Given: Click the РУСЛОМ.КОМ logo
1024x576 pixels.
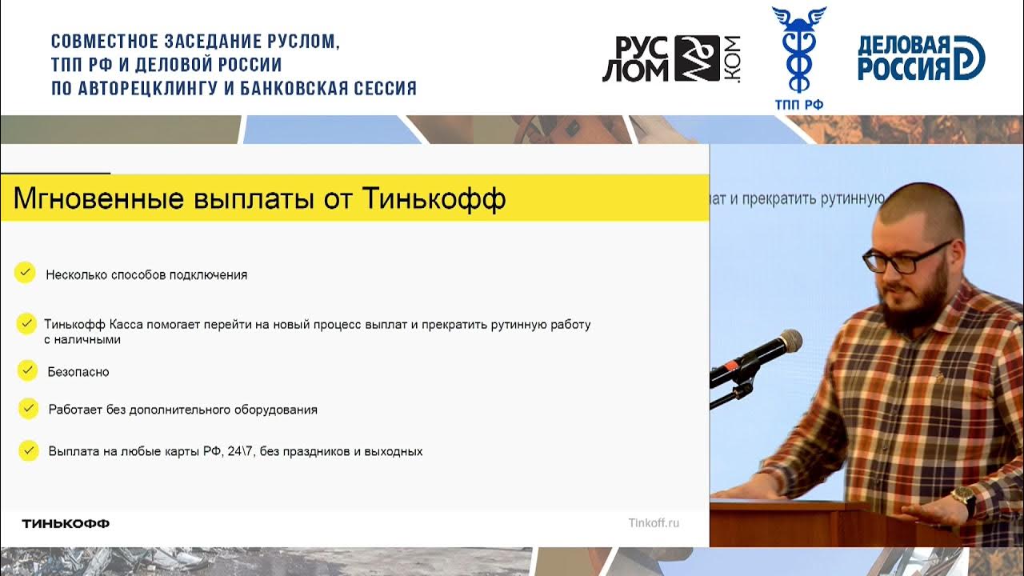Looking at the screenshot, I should point(670,58).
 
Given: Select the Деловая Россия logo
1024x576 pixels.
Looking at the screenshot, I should point(920,58).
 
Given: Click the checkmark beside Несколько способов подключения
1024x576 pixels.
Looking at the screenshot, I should point(25,273).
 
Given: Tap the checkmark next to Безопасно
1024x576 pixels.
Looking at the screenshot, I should point(27,370).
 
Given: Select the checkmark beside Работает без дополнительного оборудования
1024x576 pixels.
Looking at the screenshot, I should point(28,408).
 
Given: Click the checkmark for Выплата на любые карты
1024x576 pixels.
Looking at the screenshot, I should point(29,450).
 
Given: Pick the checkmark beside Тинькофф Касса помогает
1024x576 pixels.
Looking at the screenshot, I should point(26,324).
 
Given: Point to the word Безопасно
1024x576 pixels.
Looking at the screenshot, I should point(78,372).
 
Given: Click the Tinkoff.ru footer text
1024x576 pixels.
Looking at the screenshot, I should point(654,523).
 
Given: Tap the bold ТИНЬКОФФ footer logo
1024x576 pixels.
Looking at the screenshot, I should point(66,523).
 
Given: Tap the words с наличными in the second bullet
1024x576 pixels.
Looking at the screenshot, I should point(82,339).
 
